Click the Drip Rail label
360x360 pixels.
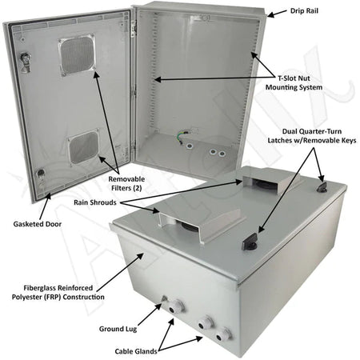[x=304, y=11]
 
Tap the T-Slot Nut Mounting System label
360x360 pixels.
[x=294, y=82]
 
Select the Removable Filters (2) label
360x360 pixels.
[x=126, y=183]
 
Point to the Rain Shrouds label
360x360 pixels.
[x=95, y=202]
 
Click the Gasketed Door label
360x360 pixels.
[x=38, y=224]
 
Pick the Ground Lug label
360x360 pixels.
[x=118, y=329]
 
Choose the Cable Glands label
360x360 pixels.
[x=136, y=351]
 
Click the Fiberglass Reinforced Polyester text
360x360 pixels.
[x=58, y=292]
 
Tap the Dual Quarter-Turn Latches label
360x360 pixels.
[x=312, y=136]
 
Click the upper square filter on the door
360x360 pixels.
[x=77, y=54]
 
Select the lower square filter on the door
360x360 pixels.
[x=83, y=146]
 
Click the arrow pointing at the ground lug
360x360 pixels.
[x=150, y=314]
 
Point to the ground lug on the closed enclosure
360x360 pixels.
[x=164, y=298]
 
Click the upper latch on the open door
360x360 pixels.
[x=26, y=62]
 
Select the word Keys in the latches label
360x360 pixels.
[x=349, y=140]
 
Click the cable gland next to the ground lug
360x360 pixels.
[x=175, y=306]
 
